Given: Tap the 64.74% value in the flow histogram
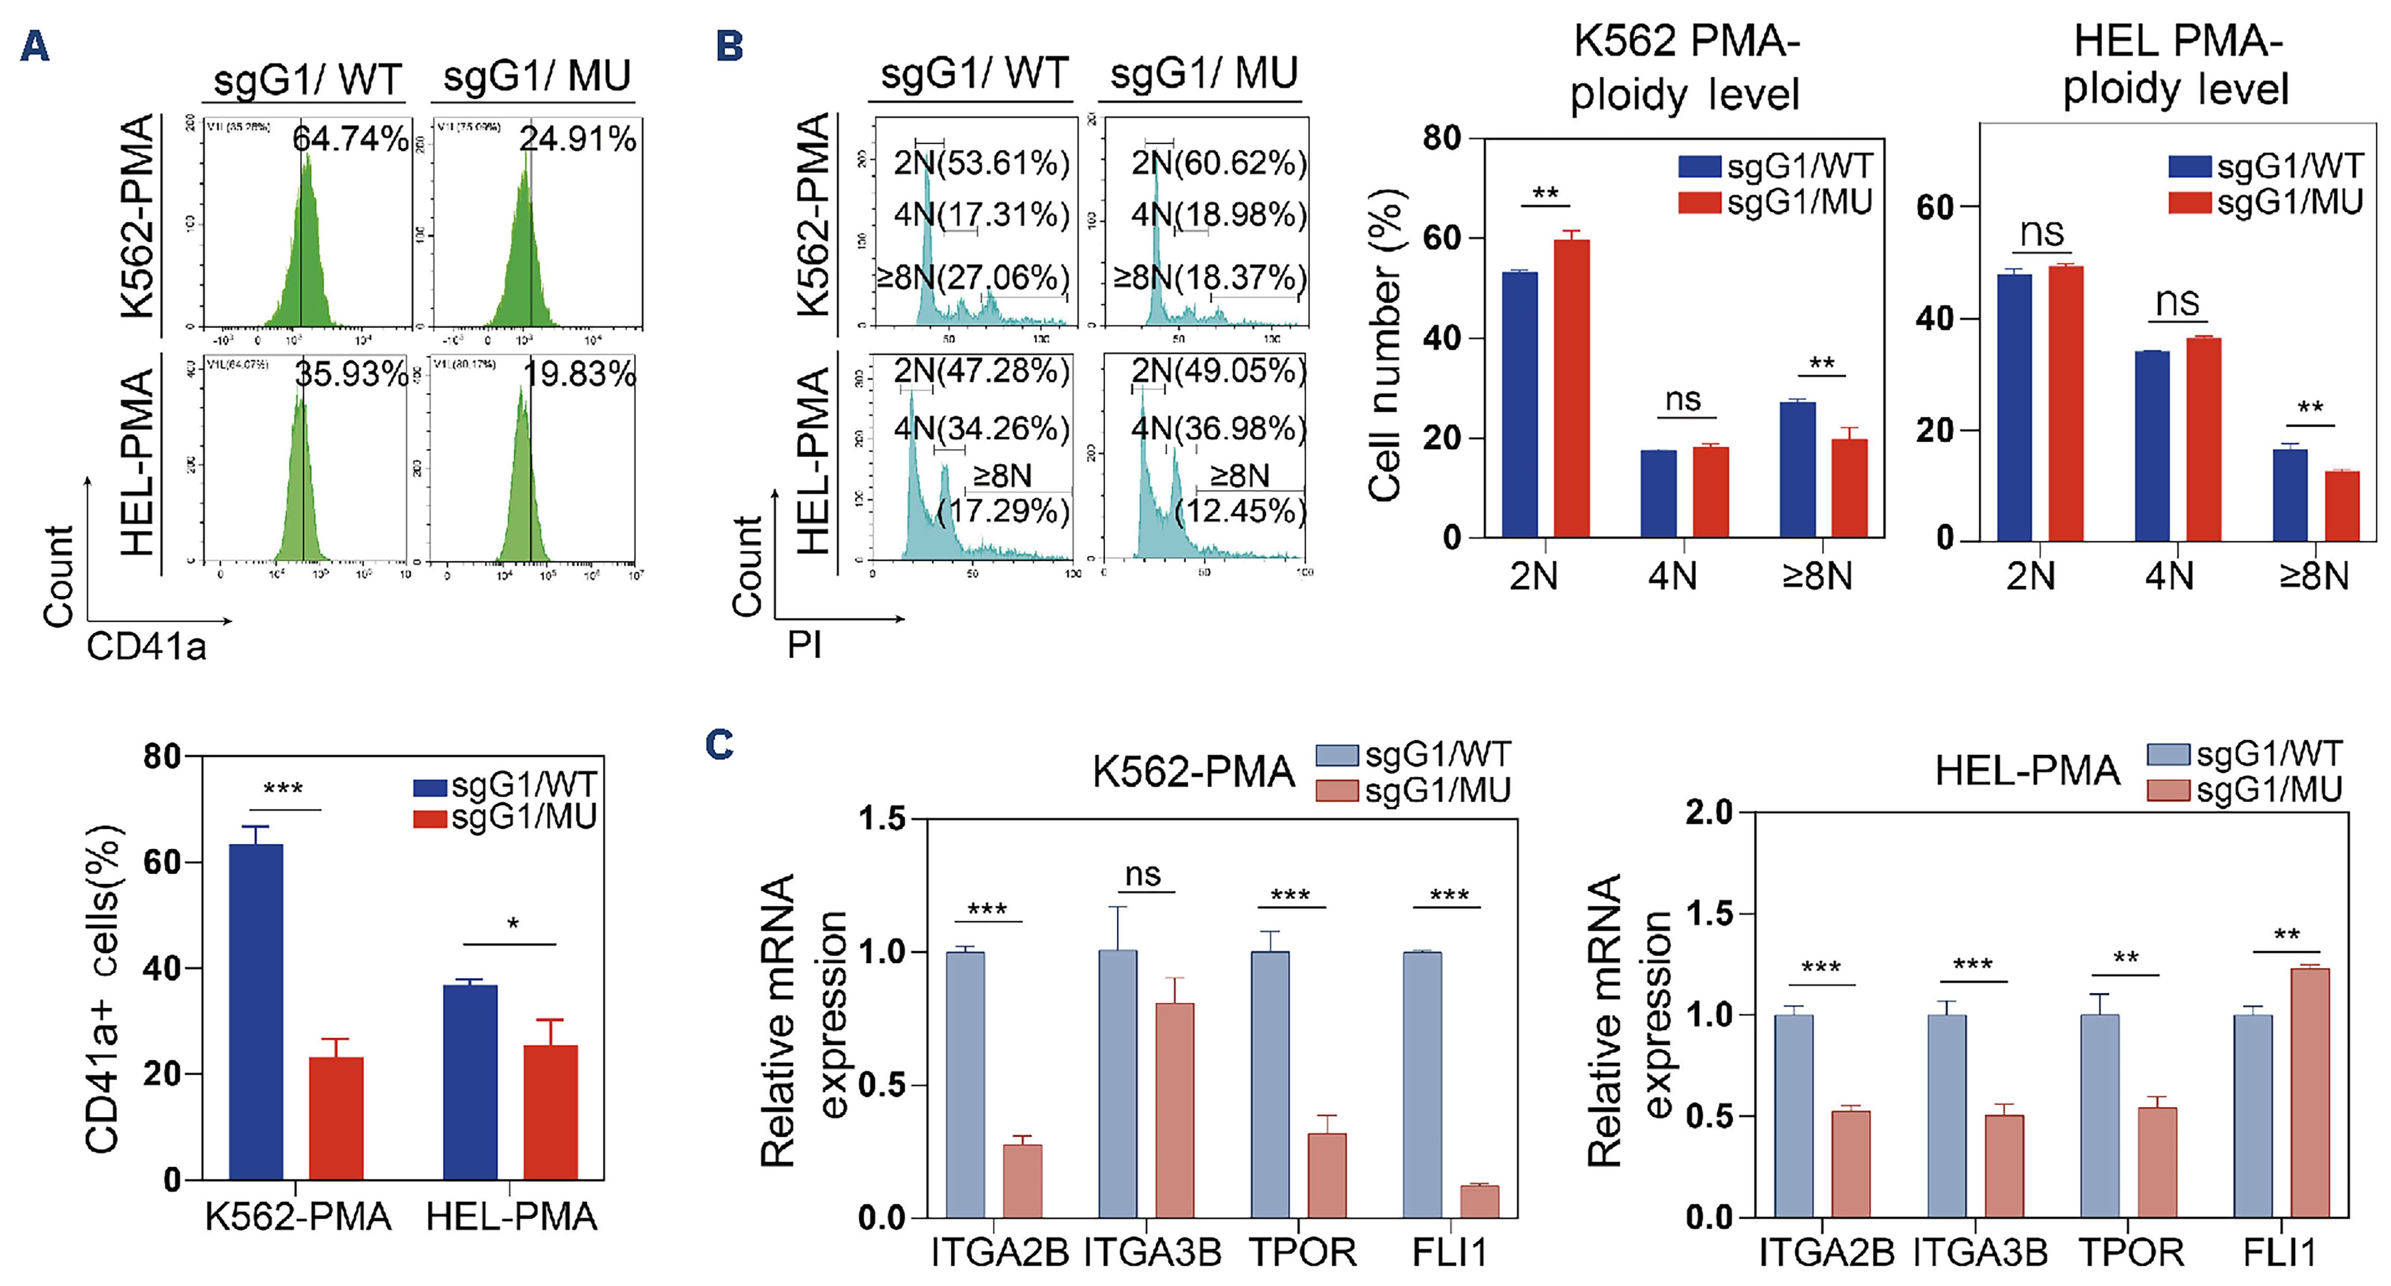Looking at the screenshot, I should (350, 139).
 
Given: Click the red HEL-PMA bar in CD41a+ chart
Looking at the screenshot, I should (550, 1112).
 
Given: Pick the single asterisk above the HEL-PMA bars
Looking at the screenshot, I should (512, 924).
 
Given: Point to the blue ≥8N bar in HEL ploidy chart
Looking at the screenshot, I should (2290, 494).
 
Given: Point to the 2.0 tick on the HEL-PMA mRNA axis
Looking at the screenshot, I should (1709, 813).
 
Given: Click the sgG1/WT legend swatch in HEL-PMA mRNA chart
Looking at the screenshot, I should (2168, 753).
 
